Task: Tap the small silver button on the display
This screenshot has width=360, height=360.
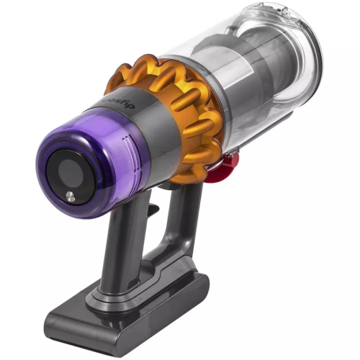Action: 69,196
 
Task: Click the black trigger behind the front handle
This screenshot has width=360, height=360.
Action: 154,210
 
